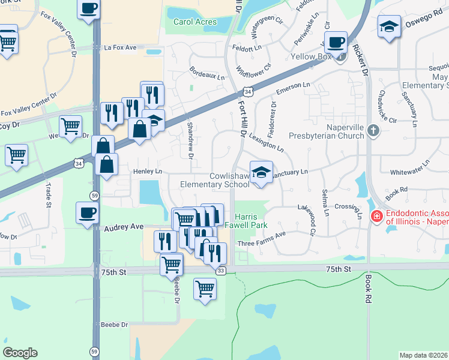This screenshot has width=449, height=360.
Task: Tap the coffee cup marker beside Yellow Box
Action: tap(337, 42)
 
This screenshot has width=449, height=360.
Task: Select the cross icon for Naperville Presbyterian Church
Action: tap(373, 130)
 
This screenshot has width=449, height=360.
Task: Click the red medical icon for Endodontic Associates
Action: tap(376, 216)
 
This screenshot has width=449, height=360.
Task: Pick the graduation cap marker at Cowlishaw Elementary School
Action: tap(261, 172)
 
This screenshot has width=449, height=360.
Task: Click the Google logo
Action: tap(20, 352)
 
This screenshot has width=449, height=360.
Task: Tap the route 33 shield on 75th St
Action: tap(220, 271)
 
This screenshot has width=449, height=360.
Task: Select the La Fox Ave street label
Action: tap(120, 47)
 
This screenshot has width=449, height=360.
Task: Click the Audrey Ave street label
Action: tap(124, 227)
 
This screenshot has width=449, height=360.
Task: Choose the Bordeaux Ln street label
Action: tap(206, 77)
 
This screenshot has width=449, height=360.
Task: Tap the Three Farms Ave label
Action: tap(261, 244)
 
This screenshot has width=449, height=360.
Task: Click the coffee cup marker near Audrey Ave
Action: tap(88, 212)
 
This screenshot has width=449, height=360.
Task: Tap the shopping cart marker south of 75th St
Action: tap(205, 289)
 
